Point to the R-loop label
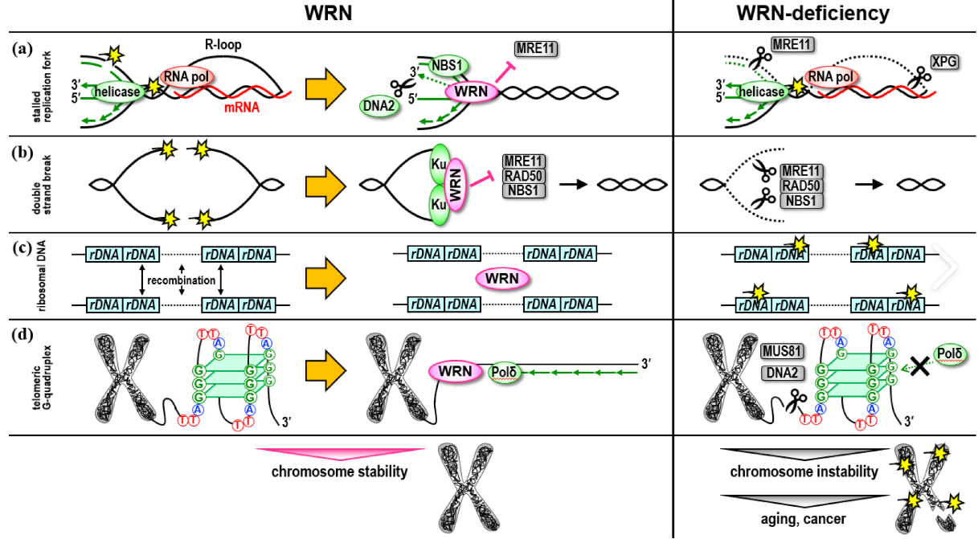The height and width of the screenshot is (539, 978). tap(217, 47)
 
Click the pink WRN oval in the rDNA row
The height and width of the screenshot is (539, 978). tap(502, 279)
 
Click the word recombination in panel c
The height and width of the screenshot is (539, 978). tap(181, 281)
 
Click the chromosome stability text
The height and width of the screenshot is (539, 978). tap(339, 471)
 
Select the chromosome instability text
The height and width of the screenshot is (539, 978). tap(804, 472)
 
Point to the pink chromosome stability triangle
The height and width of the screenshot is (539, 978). tap(339, 452)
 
